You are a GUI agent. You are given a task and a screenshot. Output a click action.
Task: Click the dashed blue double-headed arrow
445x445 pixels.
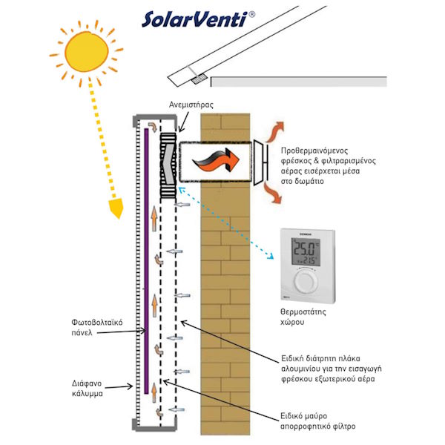coord(227,222)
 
